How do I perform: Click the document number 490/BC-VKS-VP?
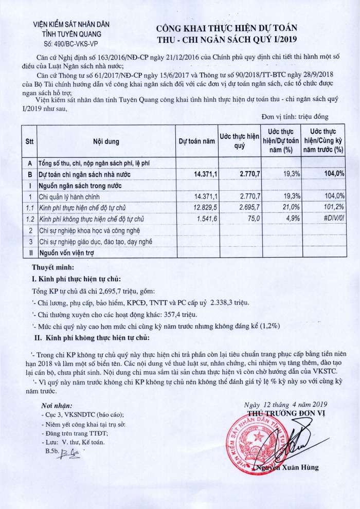[71, 44]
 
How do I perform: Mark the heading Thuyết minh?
[53, 268]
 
